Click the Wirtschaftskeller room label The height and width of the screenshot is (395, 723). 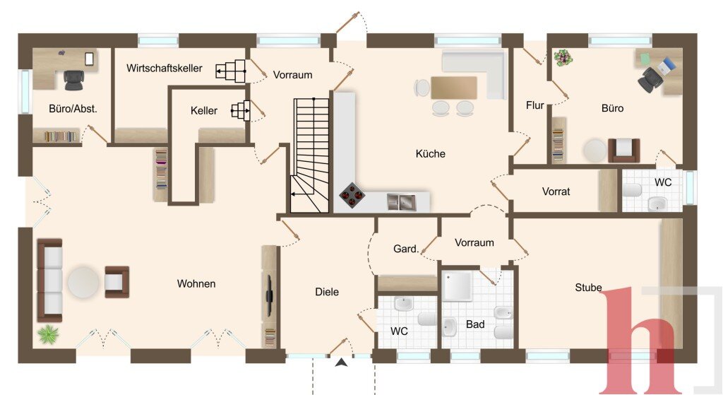[164, 69]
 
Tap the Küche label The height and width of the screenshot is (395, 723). [430, 153]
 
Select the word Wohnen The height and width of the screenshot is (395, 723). [196, 284]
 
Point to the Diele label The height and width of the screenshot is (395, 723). [327, 292]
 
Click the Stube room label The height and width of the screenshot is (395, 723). [588, 288]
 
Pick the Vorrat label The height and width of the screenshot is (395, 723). [556, 191]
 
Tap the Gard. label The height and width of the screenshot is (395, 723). [406, 249]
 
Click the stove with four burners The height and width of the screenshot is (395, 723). [352, 196]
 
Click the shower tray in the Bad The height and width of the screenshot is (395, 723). [457, 286]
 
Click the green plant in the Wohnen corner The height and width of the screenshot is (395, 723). [49, 334]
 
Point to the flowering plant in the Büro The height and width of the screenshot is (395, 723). [563, 58]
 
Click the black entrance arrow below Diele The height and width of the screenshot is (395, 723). [341, 362]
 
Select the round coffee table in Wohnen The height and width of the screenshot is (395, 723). [83, 282]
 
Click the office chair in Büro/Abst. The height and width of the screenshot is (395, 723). [73, 80]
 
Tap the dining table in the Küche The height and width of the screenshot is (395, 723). [454, 88]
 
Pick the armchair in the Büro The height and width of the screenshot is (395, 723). [624, 150]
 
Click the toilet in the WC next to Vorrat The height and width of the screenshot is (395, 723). [632, 190]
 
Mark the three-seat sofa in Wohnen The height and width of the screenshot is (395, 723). [49, 280]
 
